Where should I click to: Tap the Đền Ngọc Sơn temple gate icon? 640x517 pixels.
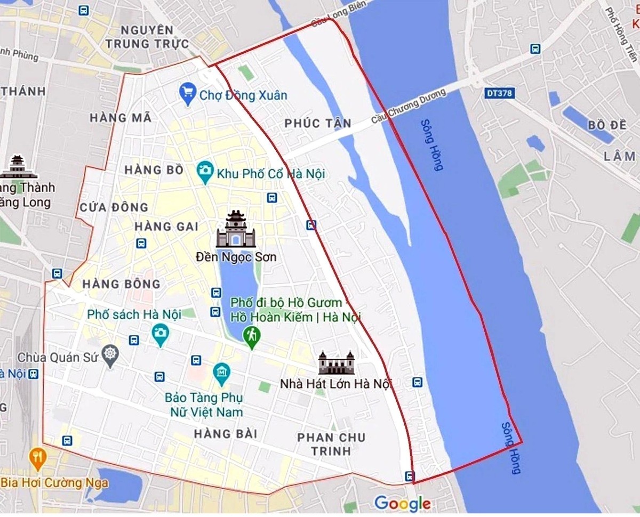235,229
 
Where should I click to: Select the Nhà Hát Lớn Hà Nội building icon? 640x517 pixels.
337,363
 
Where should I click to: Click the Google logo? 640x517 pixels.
402,503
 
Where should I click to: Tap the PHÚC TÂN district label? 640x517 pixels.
318,124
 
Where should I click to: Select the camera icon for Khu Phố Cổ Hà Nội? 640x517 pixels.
204,171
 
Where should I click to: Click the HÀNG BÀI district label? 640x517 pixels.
226,434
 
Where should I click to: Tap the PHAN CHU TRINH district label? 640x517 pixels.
331,444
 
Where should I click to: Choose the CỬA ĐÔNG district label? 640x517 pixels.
114,207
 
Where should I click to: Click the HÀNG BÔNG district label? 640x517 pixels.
122,284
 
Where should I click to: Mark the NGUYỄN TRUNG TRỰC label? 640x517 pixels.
147,36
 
